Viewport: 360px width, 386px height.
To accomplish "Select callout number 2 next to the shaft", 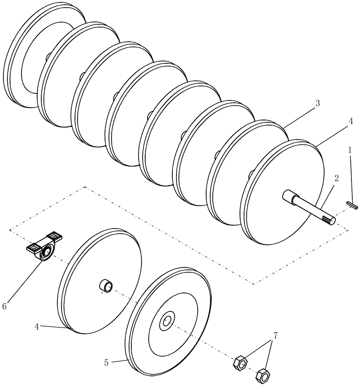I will (336, 178).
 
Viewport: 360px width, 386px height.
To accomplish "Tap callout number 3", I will (317, 103).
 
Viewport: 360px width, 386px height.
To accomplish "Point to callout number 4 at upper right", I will (350, 121).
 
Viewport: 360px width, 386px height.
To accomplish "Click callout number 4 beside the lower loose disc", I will (37, 327).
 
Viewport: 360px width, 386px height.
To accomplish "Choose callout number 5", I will (106, 362).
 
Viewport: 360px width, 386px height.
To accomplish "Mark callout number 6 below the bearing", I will (5, 306).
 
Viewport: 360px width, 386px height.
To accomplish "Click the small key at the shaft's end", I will (353, 205).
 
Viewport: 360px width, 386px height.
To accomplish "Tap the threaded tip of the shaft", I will (330, 220).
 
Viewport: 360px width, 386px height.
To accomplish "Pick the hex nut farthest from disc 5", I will (263, 375).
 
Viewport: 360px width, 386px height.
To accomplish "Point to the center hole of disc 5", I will (168, 321).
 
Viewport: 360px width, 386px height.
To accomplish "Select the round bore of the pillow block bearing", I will (46, 252).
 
